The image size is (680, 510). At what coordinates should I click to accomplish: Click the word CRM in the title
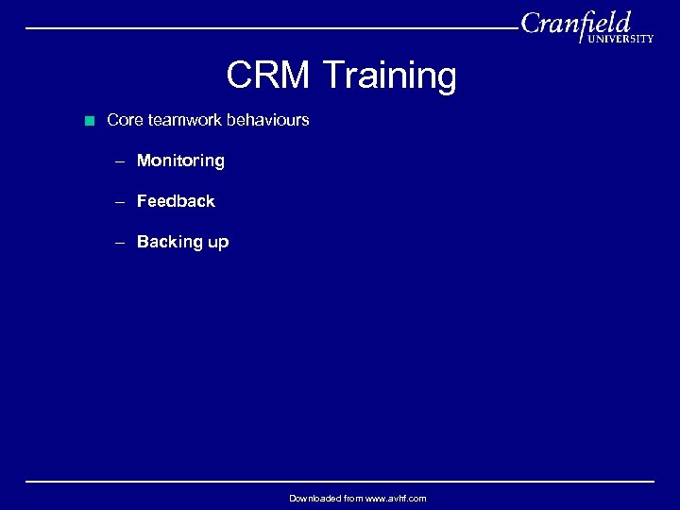coord(267,76)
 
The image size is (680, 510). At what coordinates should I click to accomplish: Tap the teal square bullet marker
coord(89,121)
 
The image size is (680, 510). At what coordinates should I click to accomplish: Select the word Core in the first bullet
coord(125,121)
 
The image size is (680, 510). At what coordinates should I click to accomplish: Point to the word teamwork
coord(183,121)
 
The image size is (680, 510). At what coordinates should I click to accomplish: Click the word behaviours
coord(267,121)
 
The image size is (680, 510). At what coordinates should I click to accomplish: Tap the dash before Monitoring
coord(120,161)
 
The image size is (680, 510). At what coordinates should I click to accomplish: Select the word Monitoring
coord(180,161)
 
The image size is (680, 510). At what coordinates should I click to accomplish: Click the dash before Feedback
coord(120,202)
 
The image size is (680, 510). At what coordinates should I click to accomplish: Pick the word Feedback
coord(176,201)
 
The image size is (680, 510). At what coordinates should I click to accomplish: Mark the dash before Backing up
coord(120,243)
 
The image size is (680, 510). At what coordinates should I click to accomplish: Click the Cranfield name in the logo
coord(575,23)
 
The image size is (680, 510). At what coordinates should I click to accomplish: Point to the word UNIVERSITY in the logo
coord(620,39)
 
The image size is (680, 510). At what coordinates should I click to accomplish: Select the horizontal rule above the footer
coord(340,482)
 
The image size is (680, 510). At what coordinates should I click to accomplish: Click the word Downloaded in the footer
coord(314,498)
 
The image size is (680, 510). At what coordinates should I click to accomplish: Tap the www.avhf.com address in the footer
coord(395,498)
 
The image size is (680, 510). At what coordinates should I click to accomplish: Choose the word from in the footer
coord(352,498)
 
